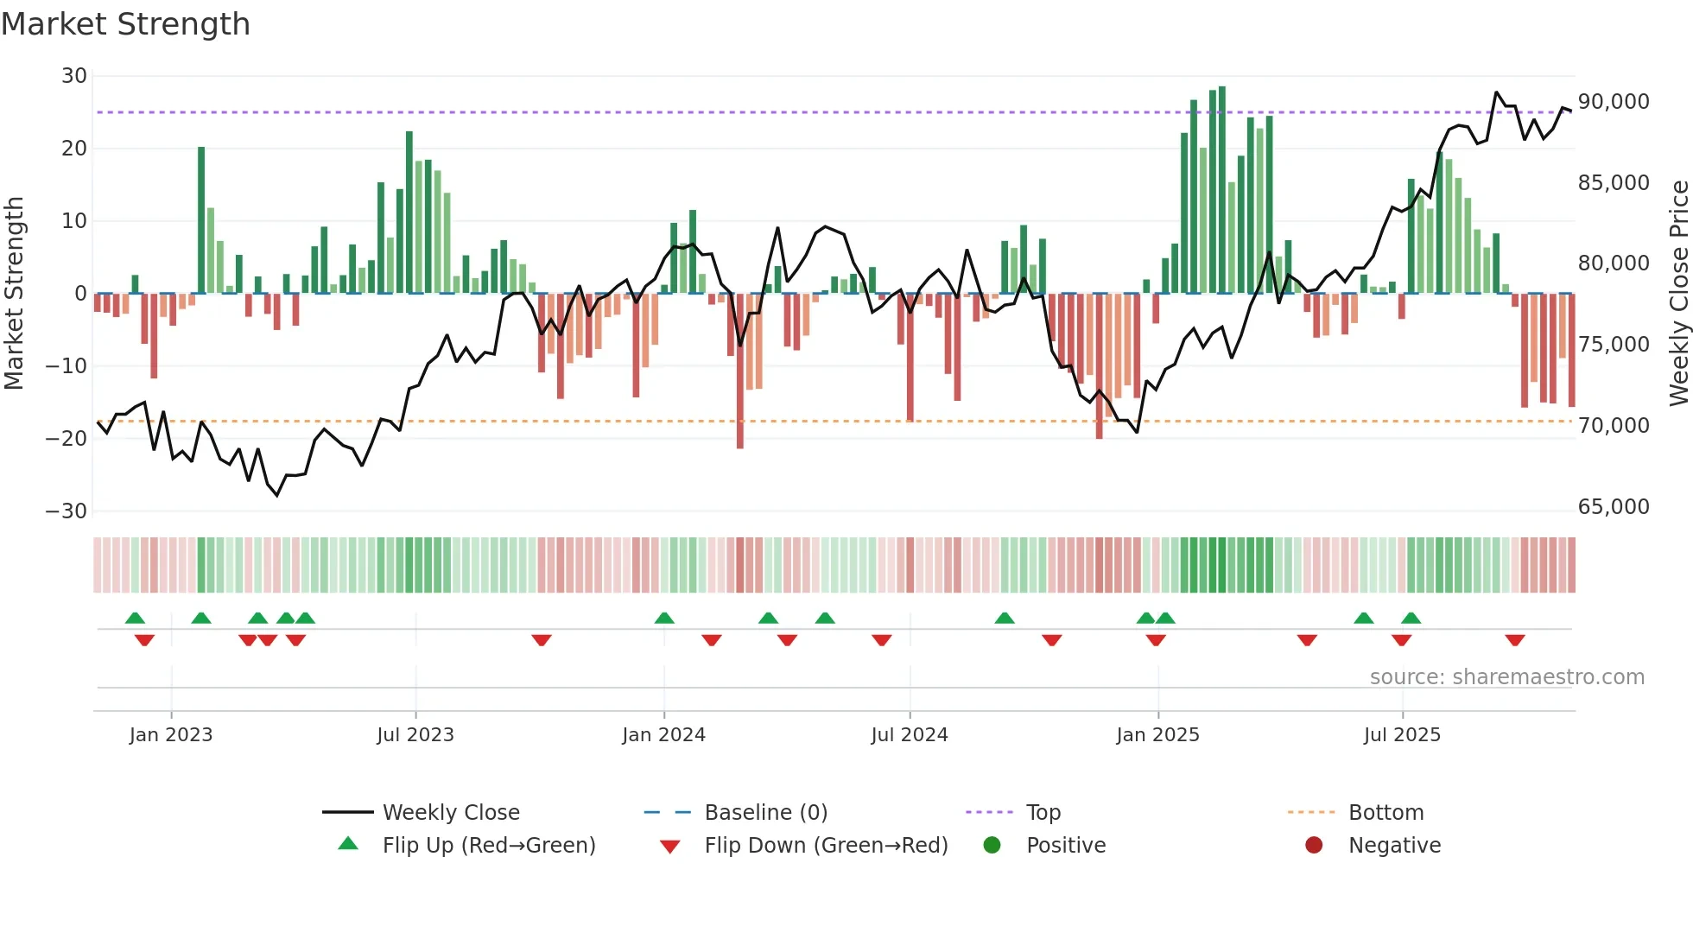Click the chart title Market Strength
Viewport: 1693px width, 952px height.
[126, 24]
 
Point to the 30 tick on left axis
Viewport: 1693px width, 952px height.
[74, 76]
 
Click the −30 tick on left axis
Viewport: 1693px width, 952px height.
[67, 511]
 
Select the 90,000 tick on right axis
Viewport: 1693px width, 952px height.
[1614, 102]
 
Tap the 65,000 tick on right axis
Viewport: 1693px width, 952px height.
[1614, 507]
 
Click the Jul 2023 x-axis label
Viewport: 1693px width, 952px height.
[415, 735]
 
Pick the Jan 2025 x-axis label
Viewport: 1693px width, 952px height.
[1157, 735]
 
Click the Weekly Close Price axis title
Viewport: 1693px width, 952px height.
[1678, 294]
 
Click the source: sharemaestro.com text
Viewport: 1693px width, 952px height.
[1506, 677]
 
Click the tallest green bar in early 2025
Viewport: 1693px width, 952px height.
[1222, 190]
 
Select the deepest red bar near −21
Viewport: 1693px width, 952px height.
[740, 371]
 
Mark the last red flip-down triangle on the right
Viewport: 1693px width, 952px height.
[1515, 640]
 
